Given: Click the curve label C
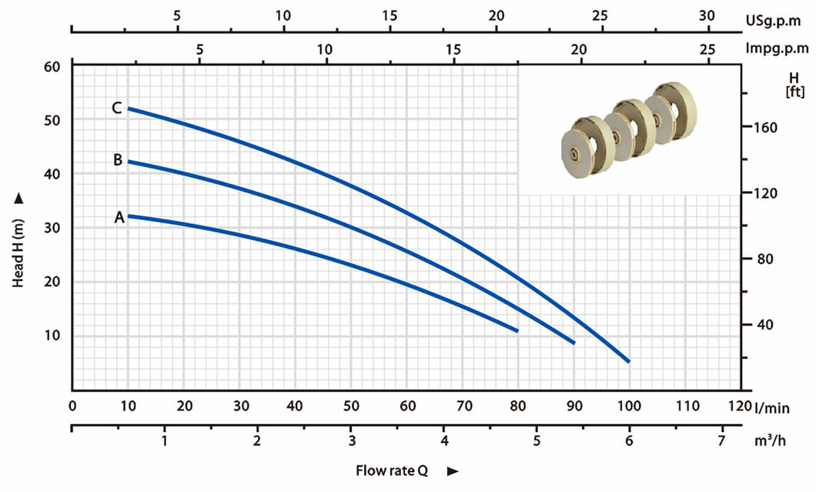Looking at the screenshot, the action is tap(116, 108).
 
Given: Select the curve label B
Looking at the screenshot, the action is tap(118, 159).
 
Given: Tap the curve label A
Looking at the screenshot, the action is tap(119, 217).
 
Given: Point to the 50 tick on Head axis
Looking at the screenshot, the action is tap(52, 120).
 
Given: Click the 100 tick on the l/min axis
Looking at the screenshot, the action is tap(629, 406).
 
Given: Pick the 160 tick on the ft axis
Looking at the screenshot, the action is tap(765, 128).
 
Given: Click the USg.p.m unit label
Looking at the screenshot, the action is tap(773, 21).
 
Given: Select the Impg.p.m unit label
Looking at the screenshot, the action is tap(777, 49).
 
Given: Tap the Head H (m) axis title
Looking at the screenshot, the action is tap(18, 253).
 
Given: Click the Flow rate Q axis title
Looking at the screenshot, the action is tap(392, 470).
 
